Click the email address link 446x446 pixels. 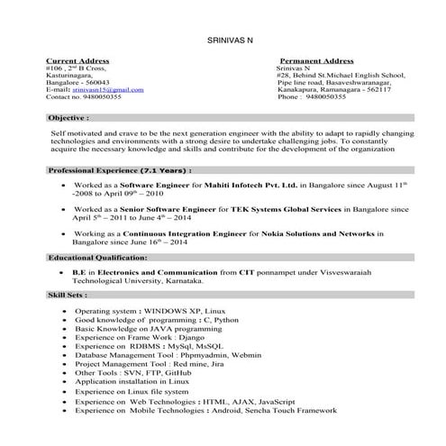click(107, 89)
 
